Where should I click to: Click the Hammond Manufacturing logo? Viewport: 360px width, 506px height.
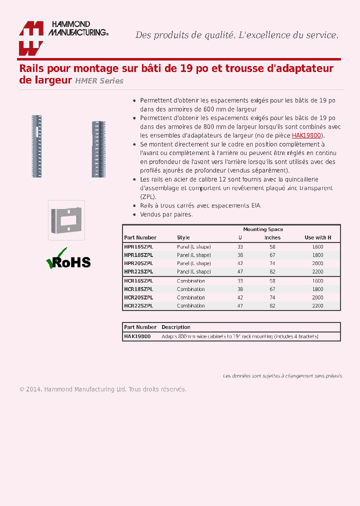pyautogui.click(x=63, y=37)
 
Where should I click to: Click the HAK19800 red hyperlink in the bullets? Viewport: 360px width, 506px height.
pyautogui.click(x=306, y=135)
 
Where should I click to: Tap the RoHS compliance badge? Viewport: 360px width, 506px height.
pyautogui.click(x=68, y=259)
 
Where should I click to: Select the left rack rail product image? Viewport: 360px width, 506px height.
pyautogui.click(x=36, y=145)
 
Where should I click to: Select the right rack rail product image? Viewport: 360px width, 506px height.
pyautogui.click(x=98, y=149)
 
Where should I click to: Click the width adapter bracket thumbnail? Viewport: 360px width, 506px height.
pyautogui.click(x=66, y=220)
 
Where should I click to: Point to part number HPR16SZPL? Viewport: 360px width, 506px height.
pyautogui.click(x=138, y=247)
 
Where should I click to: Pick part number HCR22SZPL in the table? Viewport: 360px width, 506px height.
pyautogui.click(x=138, y=306)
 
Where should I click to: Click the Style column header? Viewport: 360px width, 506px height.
pyautogui.click(x=183, y=237)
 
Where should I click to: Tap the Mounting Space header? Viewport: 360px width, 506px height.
pyautogui.click(x=263, y=229)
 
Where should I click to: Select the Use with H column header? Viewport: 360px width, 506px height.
pyautogui.click(x=317, y=237)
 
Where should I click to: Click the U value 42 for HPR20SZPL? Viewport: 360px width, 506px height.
pyautogui.click(x=240, y=263)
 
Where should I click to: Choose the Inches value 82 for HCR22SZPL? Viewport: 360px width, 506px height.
pyautogui.click(x=272, y=306)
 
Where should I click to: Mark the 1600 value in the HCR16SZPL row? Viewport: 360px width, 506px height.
pyautogui.click(x=317, y=281)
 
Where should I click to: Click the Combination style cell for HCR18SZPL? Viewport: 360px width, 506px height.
pyautogui.click(x=190, y=289)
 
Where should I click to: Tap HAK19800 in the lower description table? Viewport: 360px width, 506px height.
pyautogui.click(x=137, y=336)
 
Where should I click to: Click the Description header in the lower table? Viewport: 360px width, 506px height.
pyautogui.click(x=175, y=327)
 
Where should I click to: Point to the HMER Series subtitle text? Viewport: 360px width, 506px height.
pyautogui.click(x=99, y=81)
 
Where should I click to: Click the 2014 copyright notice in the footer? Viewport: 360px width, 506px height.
pyautogui.click(x=102, y=389)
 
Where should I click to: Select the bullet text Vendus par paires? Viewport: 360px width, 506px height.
pyautogui.click(x=166, y=214)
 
